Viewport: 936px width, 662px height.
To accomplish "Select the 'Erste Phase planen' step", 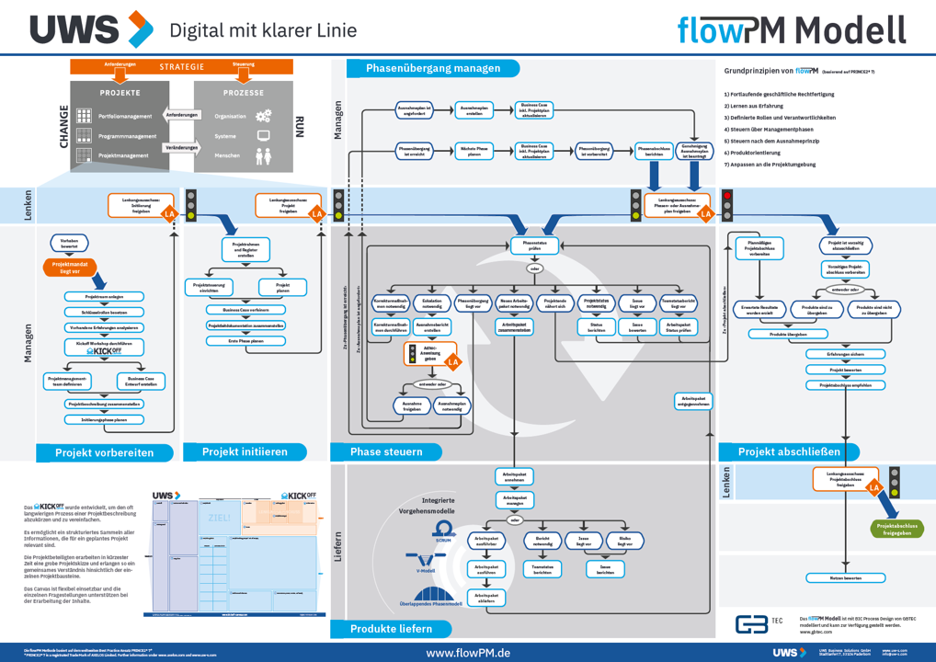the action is [x=245, y=341].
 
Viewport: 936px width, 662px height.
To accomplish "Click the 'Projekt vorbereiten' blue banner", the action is [x=104, y=452].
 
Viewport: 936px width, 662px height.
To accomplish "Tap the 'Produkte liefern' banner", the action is [x=390, y=629].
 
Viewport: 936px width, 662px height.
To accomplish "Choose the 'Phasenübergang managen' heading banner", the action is [x=433, y=68].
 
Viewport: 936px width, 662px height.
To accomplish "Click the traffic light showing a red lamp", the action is [x=727, y=205].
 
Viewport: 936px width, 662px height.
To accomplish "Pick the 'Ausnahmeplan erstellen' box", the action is [x=474, y=109].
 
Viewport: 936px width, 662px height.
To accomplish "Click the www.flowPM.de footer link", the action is [x=468, y=652].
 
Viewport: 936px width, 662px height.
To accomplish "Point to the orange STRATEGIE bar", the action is [x=182, y=66].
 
